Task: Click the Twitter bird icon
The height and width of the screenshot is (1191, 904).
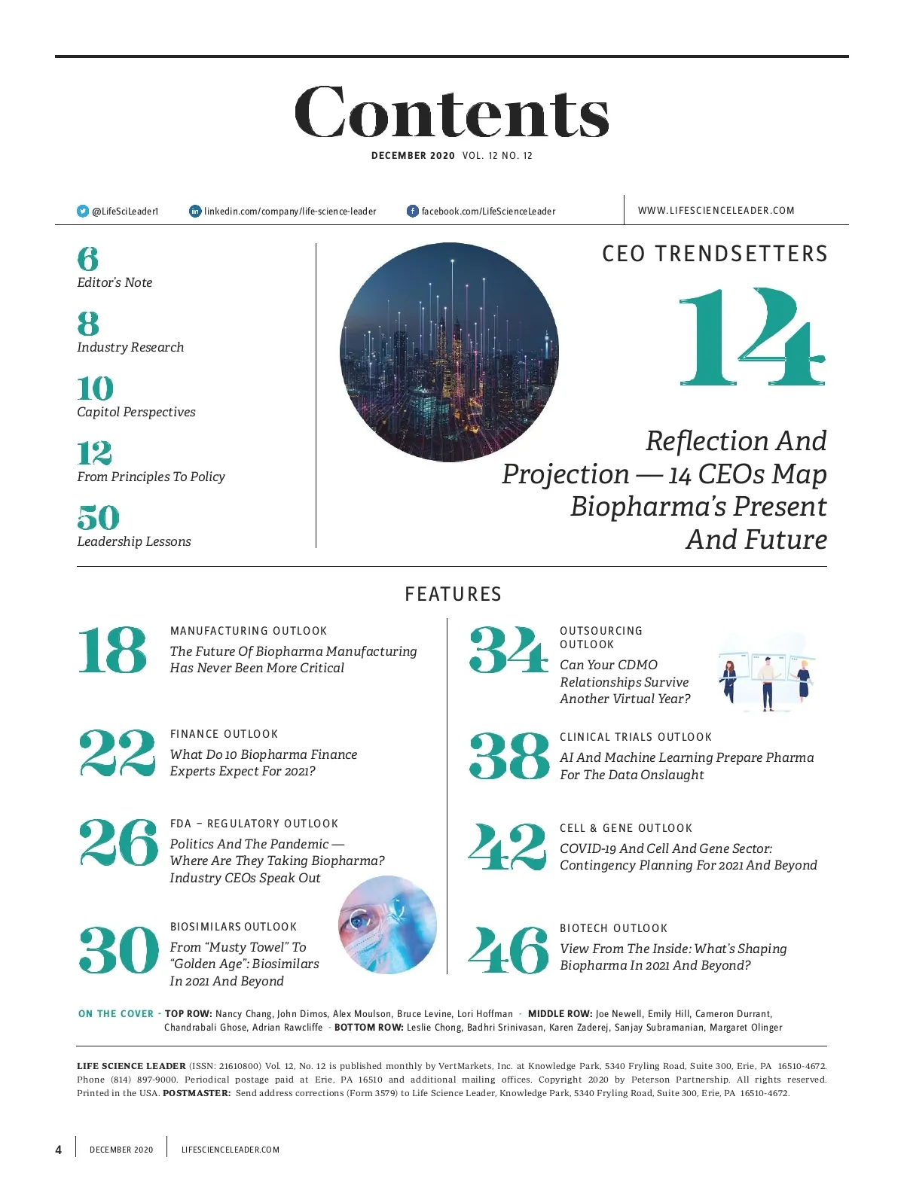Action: point(83,211)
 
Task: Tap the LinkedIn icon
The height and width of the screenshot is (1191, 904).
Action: point(195,211)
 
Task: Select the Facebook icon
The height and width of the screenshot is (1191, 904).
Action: point(412,211)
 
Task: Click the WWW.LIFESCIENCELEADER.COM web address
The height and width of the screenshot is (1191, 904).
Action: point(716,211)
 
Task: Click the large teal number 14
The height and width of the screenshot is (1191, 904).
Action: point(752,337)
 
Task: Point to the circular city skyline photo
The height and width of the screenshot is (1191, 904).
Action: point(449,352)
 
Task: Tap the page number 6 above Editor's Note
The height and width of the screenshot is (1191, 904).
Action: point(87,259)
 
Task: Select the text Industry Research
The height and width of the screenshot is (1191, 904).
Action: point(130,347)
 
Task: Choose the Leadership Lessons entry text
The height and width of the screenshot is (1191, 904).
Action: point(134,541)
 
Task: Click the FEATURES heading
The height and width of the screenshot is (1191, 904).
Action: point(453,594)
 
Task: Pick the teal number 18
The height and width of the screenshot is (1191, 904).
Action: point(112,650)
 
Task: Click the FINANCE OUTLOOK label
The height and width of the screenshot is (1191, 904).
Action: point(224,734)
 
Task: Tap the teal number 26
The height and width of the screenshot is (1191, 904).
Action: point(118,842)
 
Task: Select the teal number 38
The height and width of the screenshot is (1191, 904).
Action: point(509,756)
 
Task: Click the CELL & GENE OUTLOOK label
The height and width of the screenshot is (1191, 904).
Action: point(625,828)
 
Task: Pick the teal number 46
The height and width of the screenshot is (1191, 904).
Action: point(508,949)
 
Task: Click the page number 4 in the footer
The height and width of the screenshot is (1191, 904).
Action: point(59,1150)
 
